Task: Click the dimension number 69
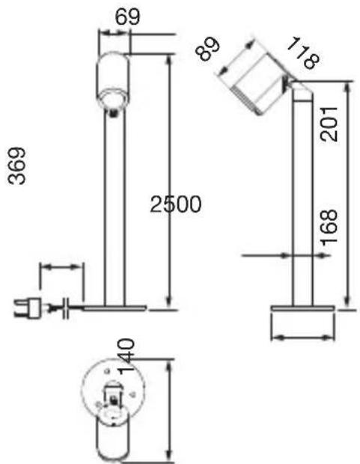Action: pos(127,17)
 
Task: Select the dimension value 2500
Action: pos(176,204)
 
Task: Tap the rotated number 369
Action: pos(17,166)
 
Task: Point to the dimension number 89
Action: pos(208,49)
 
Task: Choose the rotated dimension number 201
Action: pos(329,124)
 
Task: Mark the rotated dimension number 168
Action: pos(329,228)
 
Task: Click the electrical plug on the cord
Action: pos(28,308)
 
